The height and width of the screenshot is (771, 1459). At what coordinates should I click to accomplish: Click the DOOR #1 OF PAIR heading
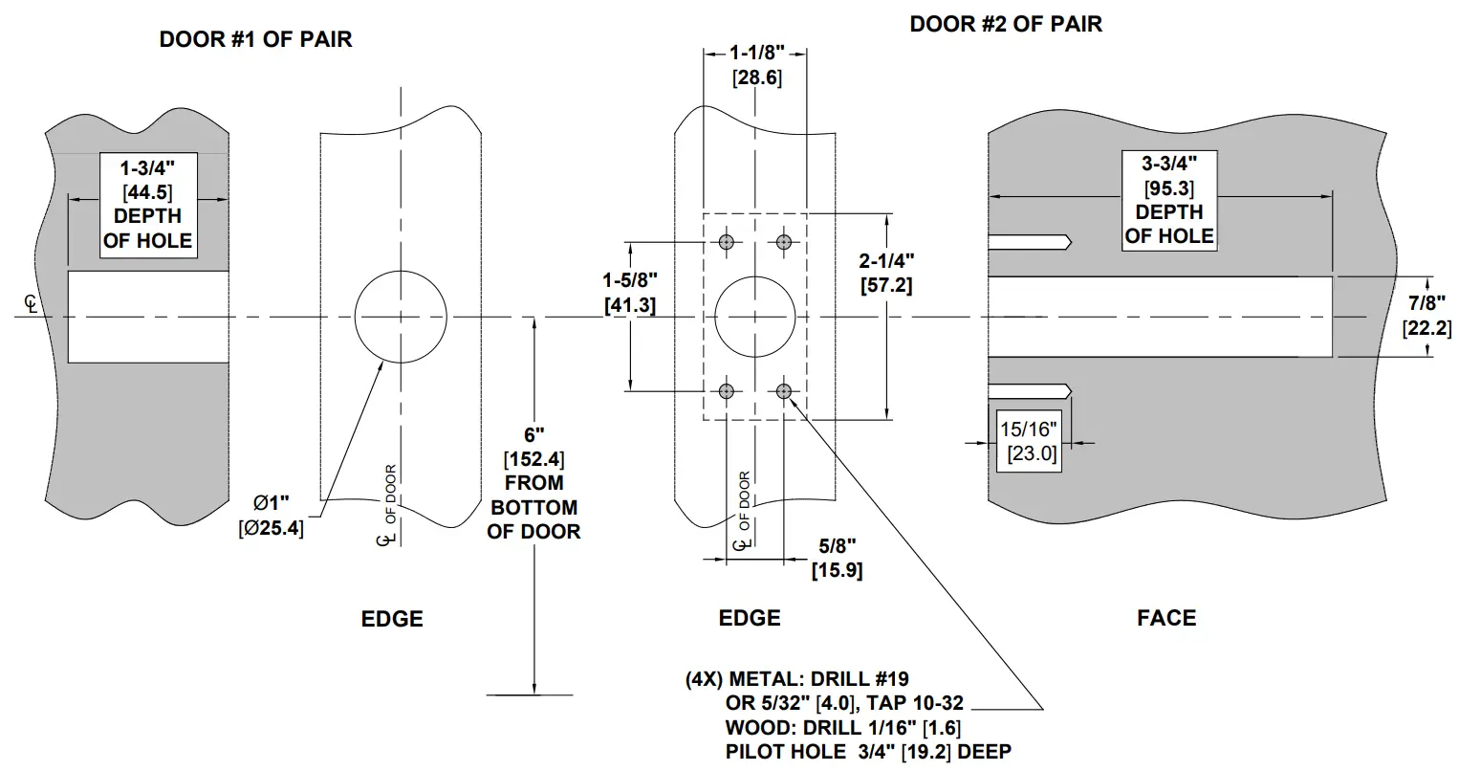pos(255,40)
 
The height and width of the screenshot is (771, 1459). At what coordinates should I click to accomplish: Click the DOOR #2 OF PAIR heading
pos(1005,24)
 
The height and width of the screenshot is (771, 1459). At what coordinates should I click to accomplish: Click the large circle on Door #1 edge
pos(401,317)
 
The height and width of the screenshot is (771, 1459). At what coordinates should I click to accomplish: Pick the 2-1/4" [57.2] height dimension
pos(886,272)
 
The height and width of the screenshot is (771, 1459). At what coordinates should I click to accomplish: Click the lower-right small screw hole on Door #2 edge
pos(784,390)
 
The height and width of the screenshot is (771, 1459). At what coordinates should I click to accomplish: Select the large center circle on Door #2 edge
pos(755,317)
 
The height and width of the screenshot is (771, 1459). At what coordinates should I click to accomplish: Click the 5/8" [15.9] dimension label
pos(837,558)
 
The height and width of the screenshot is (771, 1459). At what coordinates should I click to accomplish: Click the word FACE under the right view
pos(1165,618)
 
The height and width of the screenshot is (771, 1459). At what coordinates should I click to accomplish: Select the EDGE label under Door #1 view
pos(392,619)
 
